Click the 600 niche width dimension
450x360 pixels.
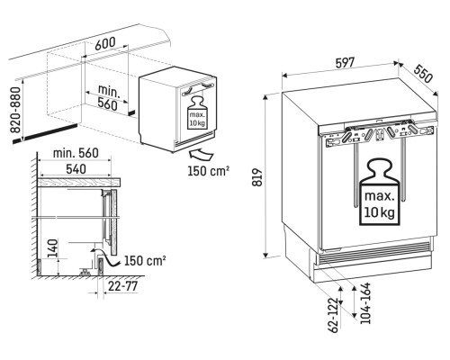tap(105, 44)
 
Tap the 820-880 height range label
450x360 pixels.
tap(15, 110)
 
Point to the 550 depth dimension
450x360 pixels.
tap(423, 74)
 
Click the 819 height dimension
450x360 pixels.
tap(257, 177)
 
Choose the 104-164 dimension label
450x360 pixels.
tap(365, 303)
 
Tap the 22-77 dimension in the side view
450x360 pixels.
tap(122, 286)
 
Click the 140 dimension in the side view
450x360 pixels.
tap(52, 248)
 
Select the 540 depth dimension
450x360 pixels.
tap(76, 169)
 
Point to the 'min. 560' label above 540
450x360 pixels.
tap(76, 153)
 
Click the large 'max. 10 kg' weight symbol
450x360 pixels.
tap(380, 192)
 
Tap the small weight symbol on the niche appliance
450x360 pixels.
tap(197, 112)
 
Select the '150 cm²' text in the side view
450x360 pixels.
tap(145, 261)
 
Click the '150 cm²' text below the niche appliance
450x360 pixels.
tap(209, 171)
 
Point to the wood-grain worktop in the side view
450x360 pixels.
tap(79, 183)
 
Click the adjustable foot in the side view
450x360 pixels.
tap(85, 271)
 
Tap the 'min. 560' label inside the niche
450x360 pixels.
tap(108, 97)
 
